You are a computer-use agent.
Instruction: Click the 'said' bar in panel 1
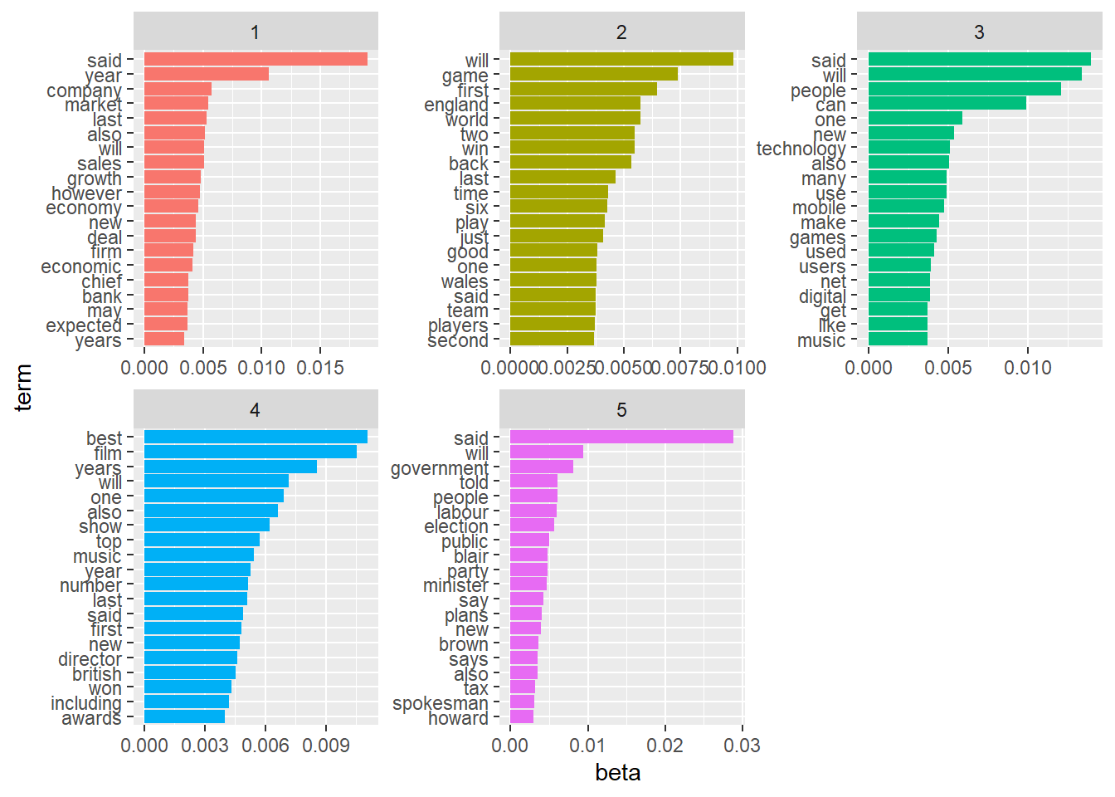256,59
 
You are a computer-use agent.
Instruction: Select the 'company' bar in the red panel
178,89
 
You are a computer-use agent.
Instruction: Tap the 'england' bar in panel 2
575,104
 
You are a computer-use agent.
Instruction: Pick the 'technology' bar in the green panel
908,148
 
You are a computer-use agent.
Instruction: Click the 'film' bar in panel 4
250,452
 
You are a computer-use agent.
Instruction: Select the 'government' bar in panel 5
541,467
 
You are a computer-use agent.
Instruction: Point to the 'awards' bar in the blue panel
184,716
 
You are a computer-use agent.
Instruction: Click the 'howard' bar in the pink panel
521,716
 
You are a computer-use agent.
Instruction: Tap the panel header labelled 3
979,32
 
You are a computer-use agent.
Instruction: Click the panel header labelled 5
621,410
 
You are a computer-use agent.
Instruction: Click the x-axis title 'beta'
617,773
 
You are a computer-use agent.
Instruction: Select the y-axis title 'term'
23,387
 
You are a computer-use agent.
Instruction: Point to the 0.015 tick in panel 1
320,368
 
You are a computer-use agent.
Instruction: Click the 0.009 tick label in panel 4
325,746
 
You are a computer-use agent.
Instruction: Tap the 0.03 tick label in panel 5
742,746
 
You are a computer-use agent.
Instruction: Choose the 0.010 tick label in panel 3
1027,368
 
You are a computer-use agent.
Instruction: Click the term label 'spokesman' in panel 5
440,703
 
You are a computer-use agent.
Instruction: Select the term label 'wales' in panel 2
465,281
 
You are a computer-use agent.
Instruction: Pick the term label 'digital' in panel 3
822,296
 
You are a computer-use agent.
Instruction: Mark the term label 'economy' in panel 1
84,208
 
